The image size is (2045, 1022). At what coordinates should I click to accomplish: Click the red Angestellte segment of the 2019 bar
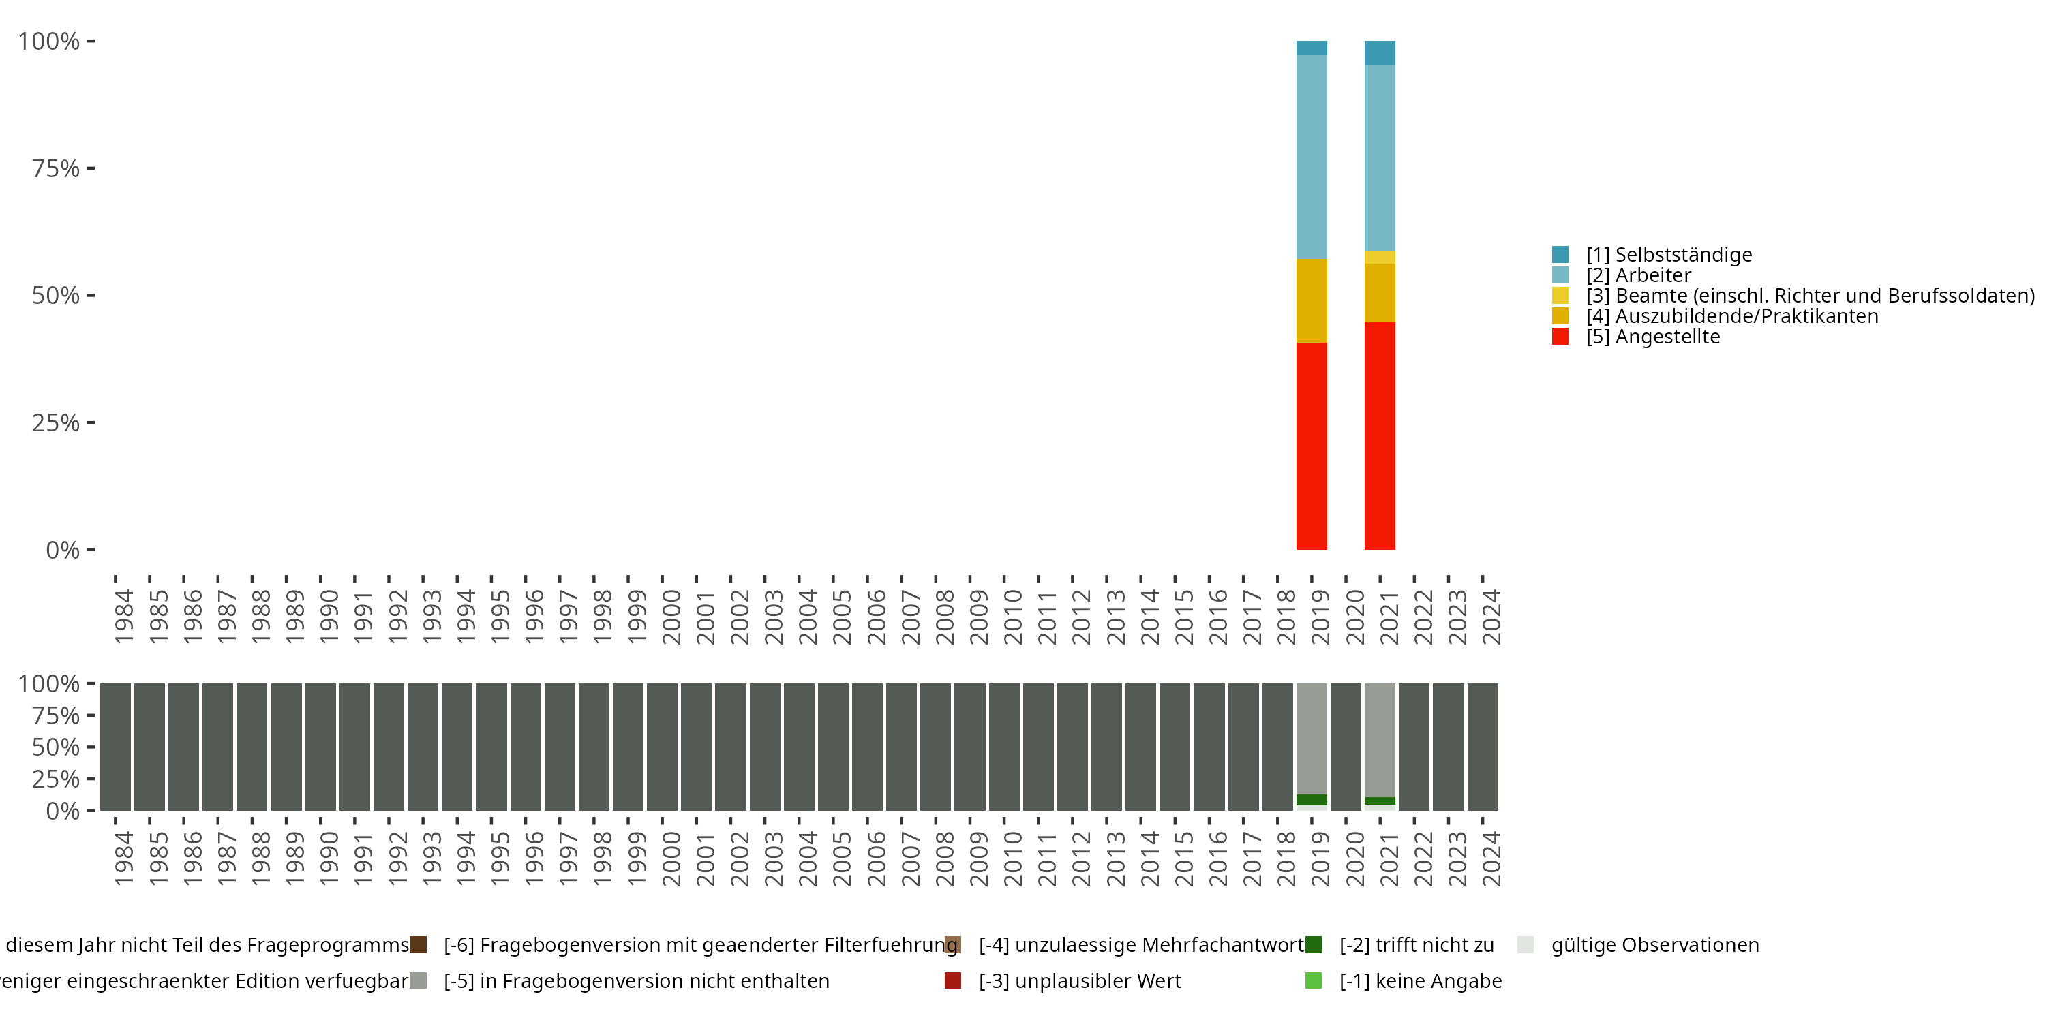(1312, 446)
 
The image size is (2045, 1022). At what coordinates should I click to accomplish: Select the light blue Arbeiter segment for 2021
(1380, 158)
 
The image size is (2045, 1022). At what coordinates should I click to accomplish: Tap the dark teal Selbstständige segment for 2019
(1312, 48)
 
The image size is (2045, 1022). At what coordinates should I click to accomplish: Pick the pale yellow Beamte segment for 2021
(1380, 257)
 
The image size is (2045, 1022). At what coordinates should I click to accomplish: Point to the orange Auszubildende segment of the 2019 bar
(1312, 300)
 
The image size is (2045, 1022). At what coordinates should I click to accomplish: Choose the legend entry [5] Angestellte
(1653, 337)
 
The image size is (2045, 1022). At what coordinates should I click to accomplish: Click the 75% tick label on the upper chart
(56, 168)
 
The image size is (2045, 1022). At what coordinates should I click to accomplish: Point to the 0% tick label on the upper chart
(63, 550)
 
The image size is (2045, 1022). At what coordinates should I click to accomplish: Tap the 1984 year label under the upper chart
(124, 617)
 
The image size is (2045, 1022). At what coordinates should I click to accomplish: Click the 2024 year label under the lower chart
(1491, 858)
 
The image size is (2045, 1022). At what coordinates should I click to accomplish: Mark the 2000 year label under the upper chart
(671, 617)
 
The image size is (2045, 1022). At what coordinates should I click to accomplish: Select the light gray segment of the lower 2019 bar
(1312, 738)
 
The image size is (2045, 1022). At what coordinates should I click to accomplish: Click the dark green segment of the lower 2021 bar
(1380, 801)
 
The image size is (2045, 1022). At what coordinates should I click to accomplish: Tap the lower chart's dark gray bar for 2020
(1346, 747)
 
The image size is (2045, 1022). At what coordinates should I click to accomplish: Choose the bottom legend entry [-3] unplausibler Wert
(1080, 980)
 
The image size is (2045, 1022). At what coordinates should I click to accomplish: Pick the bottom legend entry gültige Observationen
(1654, 945)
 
